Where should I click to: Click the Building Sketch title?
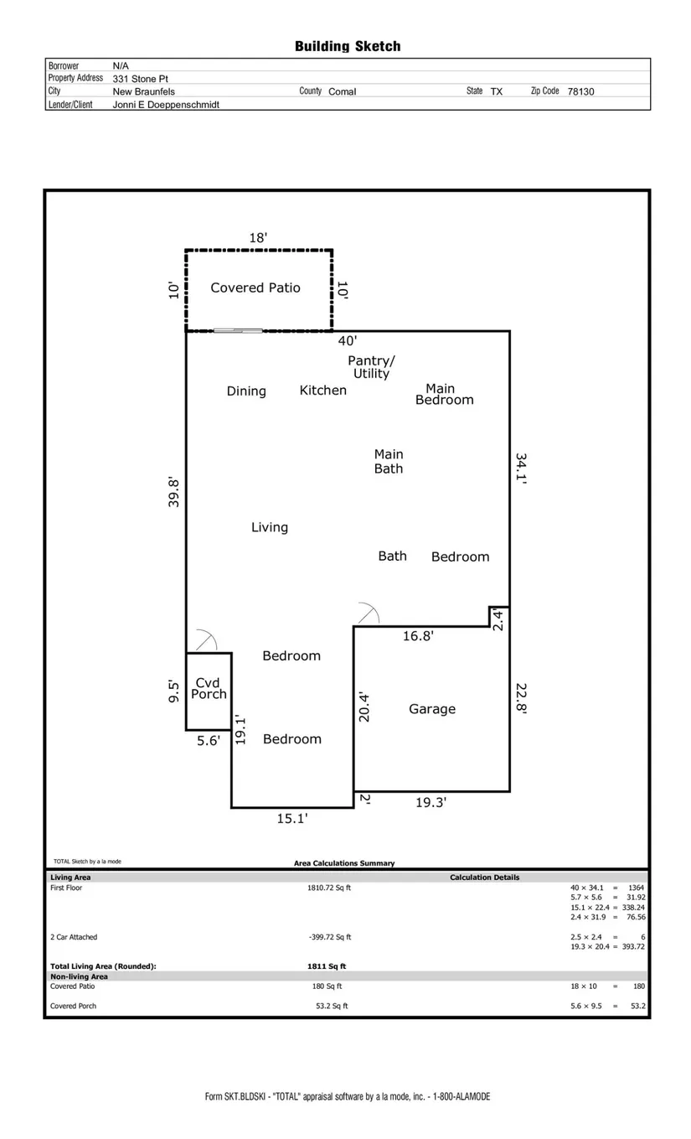pos(348,46)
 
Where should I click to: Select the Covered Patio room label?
pos(255,287)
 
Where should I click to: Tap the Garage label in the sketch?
pos(432,709)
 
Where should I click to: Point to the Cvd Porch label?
pos(209,688)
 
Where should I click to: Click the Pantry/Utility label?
pos(371,366)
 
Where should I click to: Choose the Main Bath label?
pos(389,461)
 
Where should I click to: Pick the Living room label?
pos(270,527)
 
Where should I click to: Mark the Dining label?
pos(246,391)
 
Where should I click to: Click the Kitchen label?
pos(323,390)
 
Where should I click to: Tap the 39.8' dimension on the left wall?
pos(173,492)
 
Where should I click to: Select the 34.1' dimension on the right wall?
pos(521,468)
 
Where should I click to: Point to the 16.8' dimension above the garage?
pos(418,635)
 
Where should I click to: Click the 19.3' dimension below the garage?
pos(431,802)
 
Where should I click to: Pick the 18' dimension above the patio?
pos(258,237)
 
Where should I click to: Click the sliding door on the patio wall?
pos(238,330)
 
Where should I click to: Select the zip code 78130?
pos(580,91)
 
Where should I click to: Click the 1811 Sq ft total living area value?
pos(327,966)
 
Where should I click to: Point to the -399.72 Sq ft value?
pos(330,937)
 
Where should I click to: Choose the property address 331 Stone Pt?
pos(140,79)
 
